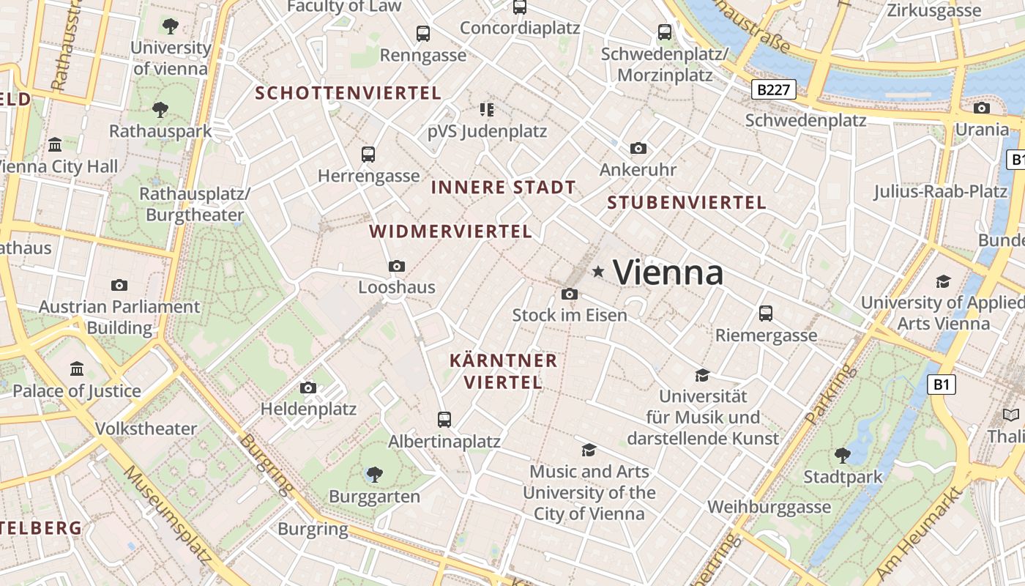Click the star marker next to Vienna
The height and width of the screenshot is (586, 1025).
tap(598, 272)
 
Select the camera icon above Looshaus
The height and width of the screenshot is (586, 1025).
tap(397, 266)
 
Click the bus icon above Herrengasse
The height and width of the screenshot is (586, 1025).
tap(368, 155)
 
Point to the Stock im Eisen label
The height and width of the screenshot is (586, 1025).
tap(570, 315)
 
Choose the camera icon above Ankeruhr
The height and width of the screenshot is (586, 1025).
tap(638, 148)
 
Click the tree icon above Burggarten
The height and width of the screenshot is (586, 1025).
tap(374, 475)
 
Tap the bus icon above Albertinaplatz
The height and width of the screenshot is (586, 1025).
tap(444, 420)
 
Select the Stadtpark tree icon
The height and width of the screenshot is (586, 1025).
tap(843, 455)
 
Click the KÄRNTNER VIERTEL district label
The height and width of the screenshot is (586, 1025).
tap(503, 371)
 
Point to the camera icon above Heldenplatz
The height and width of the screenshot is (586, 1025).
tap(308, 387)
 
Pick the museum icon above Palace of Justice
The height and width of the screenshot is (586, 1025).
tap(77, 368)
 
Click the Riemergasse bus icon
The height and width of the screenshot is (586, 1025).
tap(766, 314)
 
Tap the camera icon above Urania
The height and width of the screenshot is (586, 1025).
tap(982, 108)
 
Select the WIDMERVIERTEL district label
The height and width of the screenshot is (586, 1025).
tap(450, 231)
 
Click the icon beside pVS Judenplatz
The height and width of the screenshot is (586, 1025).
tap(487, 110)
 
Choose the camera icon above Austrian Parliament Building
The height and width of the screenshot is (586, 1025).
tap(119, 285)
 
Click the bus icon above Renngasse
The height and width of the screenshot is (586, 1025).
tap(423, 33)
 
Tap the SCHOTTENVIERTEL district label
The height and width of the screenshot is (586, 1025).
tap(348, 93)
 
